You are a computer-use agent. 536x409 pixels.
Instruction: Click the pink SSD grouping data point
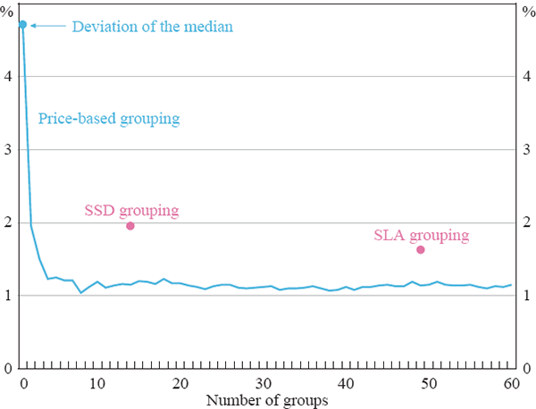130,226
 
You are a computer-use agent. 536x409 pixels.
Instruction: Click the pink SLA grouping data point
421,249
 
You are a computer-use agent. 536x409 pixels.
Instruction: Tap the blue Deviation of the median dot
23,24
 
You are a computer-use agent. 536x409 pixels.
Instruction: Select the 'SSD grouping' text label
131,211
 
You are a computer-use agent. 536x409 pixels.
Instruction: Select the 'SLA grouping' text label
421,236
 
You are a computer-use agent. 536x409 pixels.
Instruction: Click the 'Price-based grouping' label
109,118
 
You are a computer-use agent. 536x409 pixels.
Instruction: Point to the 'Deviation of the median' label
152,27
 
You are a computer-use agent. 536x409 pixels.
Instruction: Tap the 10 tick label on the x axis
97,384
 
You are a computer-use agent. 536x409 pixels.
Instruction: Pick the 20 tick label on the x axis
180,384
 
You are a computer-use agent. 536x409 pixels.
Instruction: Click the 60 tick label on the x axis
511,384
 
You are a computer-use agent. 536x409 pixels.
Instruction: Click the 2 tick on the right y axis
525,222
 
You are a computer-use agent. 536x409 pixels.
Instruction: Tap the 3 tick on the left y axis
9,149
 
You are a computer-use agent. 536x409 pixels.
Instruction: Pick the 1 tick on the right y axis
525,296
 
